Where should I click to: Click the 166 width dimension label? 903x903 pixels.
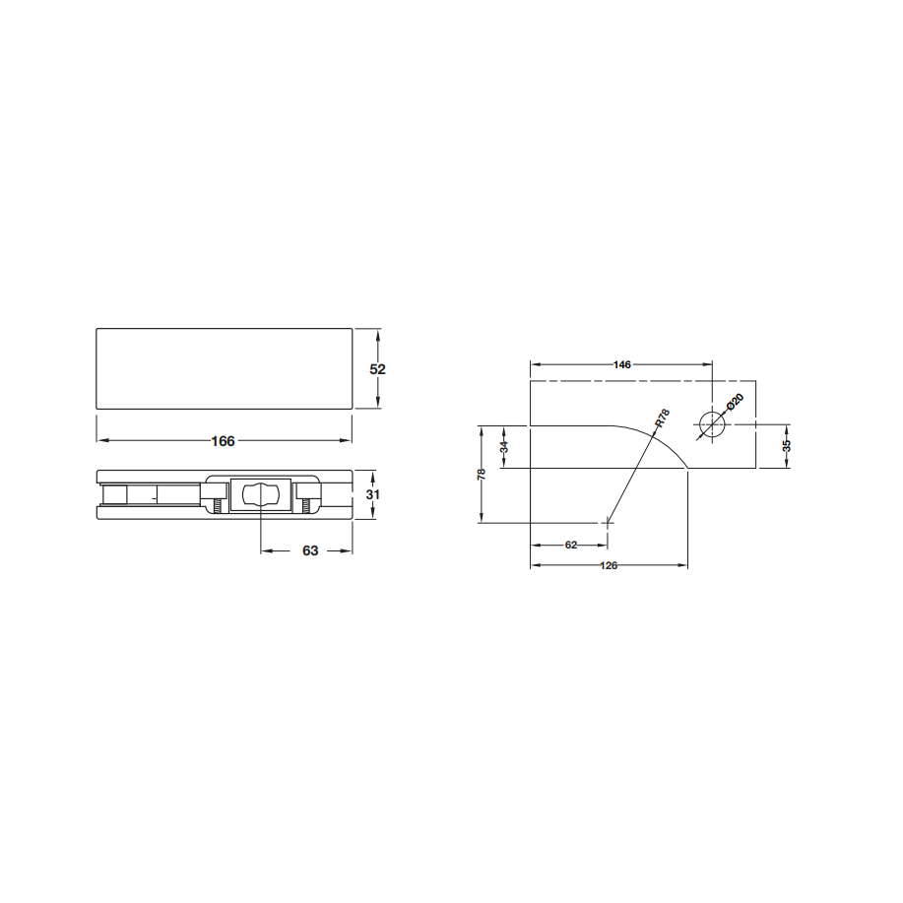[223, 441]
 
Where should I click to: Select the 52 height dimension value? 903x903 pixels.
[377, 369]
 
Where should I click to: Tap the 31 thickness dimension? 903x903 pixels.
[372, 494]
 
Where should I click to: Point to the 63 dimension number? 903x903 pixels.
[310, 551]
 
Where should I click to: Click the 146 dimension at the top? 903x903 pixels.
[622, 364]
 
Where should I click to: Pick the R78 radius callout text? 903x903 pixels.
[663, 419]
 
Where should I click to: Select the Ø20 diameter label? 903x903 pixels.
[735, 402]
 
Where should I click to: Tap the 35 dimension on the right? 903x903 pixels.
[787, 446]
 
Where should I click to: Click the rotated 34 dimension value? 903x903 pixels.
[504, 447]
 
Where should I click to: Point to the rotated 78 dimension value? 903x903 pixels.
[482, 475]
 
